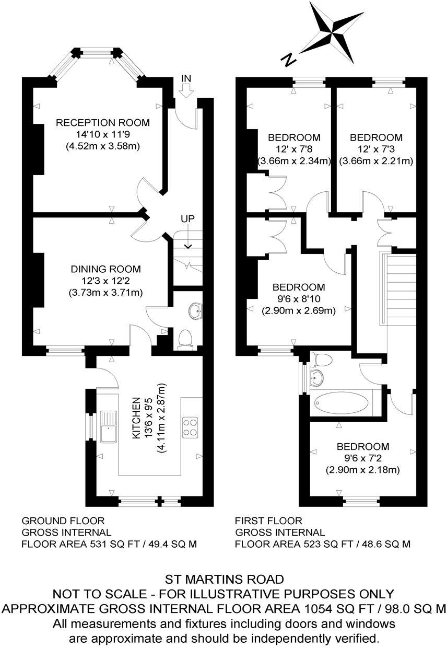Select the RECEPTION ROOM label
tap(103, 123)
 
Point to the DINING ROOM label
tap(106, 269)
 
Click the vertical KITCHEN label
tap(135, 418)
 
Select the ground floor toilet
tap(185, 339)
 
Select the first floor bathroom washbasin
tap(316, 377)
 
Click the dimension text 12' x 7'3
tap(376, 150)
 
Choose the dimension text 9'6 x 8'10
tap(299, 299)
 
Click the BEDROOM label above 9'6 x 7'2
tap(363, 447)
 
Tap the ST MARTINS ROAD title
tap(225, 579)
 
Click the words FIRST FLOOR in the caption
tap(268, 520)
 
